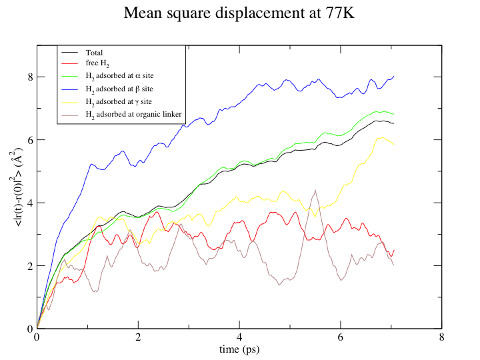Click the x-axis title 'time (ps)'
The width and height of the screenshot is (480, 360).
[x=239, y=349]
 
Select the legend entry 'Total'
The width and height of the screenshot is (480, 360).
[x=94, y=52]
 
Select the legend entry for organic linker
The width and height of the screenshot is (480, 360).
[x=133, y=115]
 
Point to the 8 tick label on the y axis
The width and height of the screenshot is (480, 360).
[x=30, y=77]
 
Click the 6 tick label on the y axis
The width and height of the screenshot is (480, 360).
[x=30, y=140]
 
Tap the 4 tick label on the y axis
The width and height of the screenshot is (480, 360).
[x=30, y=203]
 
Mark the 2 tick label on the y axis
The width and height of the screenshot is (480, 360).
[x=30, y=266]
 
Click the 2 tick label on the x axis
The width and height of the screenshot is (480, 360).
[x=138, y=337]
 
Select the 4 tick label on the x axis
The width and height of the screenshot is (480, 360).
[x=239, y=337]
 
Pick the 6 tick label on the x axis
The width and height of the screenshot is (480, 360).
[x=341, y=337]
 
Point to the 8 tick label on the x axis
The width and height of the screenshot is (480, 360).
[x=441, y=337]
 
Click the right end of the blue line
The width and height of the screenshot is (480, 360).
[x=394, y=76]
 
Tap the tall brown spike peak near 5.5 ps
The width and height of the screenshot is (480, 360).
[x=315, y=190]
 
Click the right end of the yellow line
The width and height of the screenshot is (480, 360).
[x=394, y=145]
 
